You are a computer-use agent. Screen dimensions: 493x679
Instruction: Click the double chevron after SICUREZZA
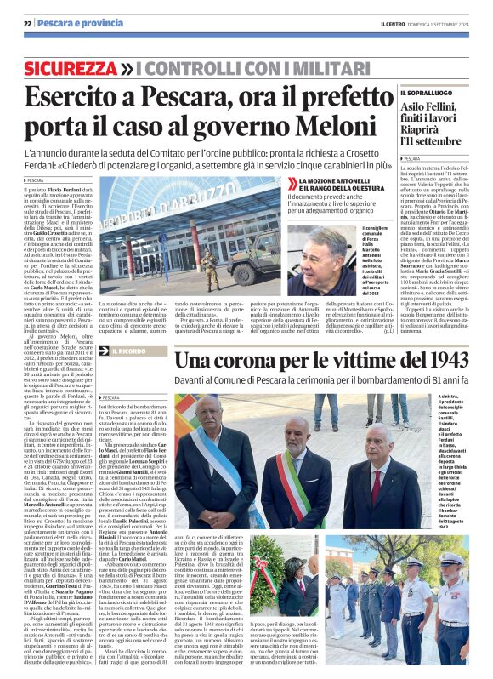point(125,66)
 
